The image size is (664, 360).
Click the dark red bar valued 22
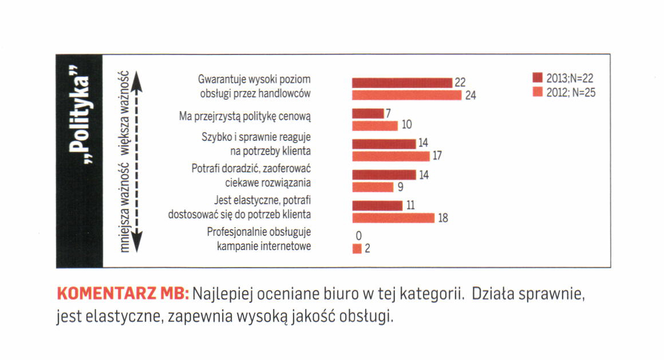[x=402, y=82]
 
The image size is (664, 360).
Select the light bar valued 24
[x=406, y=95]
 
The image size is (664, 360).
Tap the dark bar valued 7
[x=368, y=113]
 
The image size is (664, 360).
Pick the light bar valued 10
[x=374, y=125]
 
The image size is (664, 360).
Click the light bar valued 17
[x=390, y=156]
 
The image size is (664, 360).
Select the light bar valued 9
[x=373, y=187]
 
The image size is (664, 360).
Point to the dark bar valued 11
[x=377, y=205]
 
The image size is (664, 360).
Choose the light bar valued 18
[x=393, y=217]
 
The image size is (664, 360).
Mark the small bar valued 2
[x=357, y=248]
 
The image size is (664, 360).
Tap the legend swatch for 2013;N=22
[x=537, y=78]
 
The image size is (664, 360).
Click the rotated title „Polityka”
[x=79, y=114]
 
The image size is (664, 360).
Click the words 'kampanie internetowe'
[x=264, y=247]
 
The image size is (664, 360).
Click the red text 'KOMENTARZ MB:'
[x=122, y=295]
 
